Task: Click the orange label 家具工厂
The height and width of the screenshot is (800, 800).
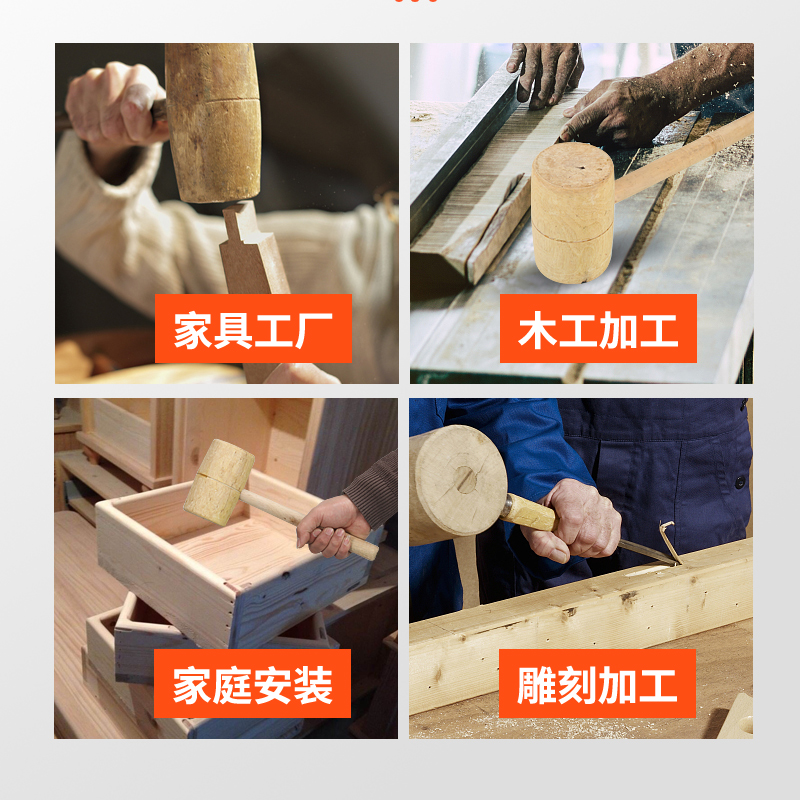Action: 253,329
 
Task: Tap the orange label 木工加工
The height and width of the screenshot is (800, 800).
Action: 598,329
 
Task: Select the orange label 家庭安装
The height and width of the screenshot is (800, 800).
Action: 253,684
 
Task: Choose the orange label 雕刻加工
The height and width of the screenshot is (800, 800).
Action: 598,684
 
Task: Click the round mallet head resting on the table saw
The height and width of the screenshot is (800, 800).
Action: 573,212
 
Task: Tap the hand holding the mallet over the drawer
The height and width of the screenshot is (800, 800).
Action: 330,525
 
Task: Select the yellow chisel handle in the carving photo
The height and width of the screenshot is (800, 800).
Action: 527,512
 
